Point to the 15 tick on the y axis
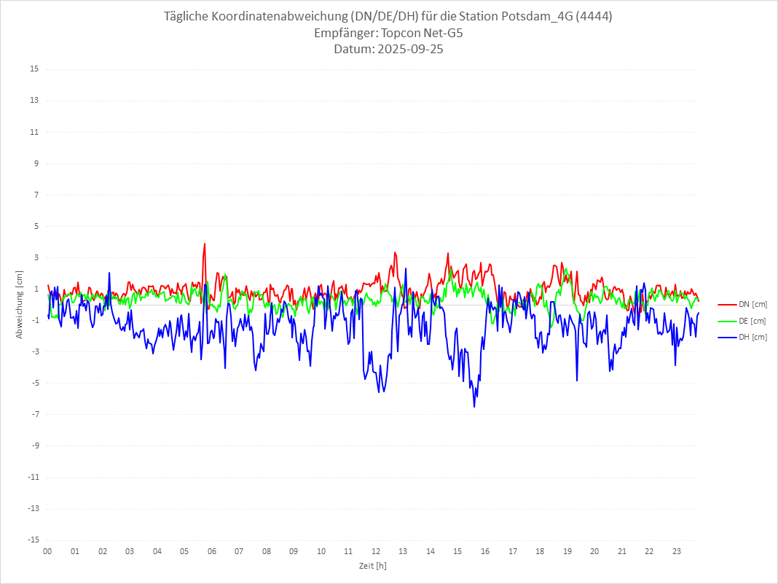point(34,69)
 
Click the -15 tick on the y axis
point(33,540)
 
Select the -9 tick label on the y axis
point(34,446)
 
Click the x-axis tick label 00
point(47,552)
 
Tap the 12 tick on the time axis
point(376,552)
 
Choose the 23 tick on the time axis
point(677,552)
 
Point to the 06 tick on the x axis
point(211,552)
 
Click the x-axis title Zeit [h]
point(372,566)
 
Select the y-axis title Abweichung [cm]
point(20,304)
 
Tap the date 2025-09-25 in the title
point(408,50)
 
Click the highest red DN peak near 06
point(205,244)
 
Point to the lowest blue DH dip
point(474,406)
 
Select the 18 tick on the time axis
point(540,552)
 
